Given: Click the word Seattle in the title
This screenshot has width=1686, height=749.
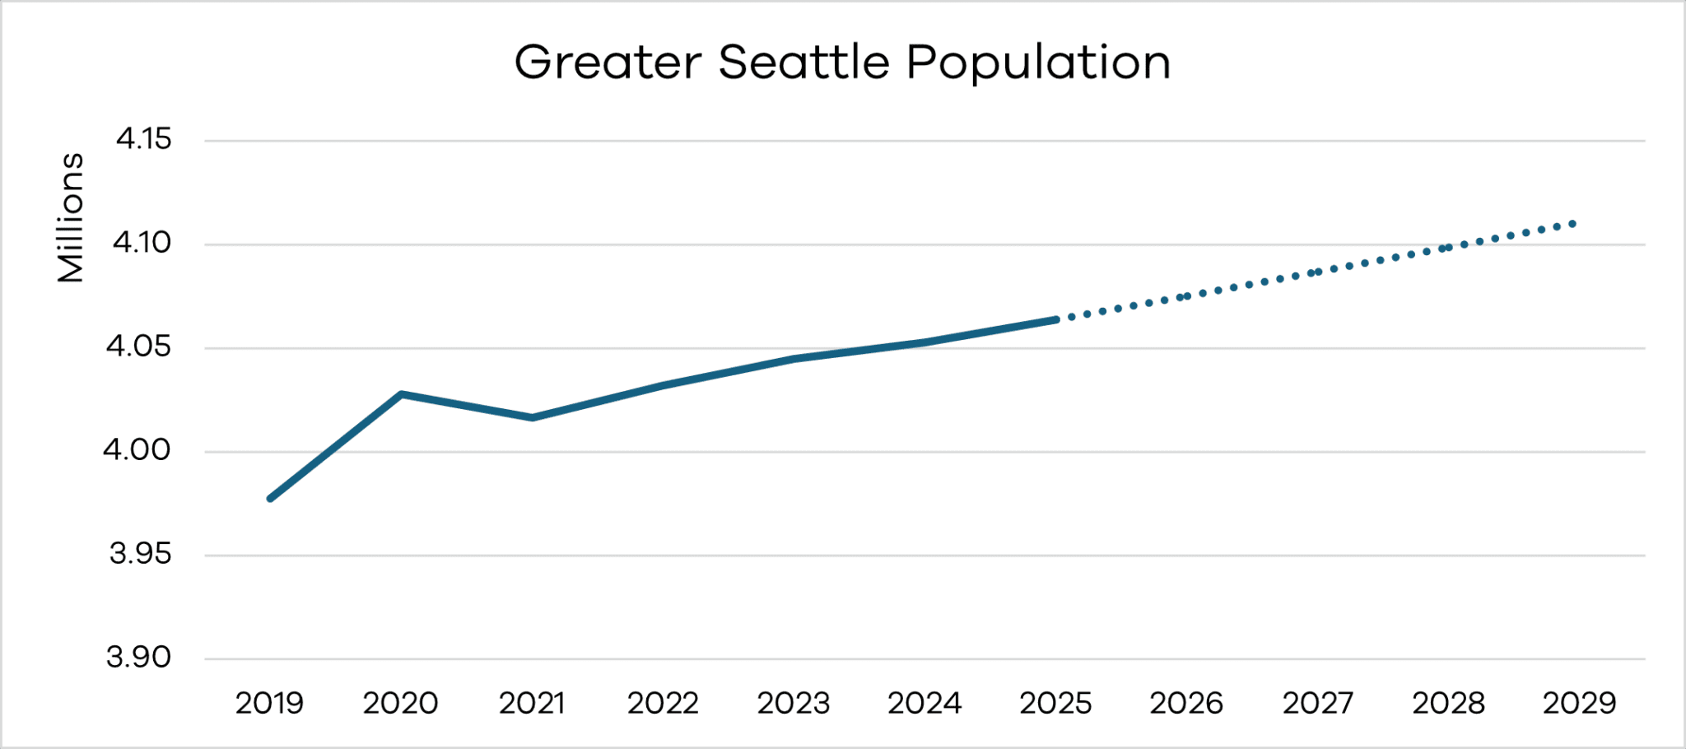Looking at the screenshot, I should tap(803, 63).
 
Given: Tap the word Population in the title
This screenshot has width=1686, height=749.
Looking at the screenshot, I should tap(1038, 64).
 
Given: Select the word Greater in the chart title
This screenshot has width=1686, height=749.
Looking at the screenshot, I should tap(608, 63).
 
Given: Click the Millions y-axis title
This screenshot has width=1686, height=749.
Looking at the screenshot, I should tap(71, 217).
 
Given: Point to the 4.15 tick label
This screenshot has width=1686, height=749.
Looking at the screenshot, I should tap(143, 138).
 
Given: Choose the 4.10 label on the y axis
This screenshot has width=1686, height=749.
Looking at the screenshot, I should tap(142, 242).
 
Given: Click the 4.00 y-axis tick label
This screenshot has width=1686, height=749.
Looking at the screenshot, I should tap(137, 449).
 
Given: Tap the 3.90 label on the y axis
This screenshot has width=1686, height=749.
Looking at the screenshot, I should tap(138, 657).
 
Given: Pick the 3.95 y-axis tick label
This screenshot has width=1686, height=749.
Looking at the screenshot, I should tap(140, 553).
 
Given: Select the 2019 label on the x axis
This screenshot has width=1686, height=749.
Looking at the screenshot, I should tap(269, 703).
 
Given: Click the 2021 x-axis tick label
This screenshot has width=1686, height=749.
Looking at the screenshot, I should tap(532, 703).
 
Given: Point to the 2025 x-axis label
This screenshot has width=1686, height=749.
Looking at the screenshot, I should tap(1055, 703).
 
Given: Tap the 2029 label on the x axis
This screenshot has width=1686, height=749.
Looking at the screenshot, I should tap(1579, 703).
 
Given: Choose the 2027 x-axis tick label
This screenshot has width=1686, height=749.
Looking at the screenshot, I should tap(1317, 703).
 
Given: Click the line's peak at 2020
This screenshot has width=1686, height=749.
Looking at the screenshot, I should tap(401, 394).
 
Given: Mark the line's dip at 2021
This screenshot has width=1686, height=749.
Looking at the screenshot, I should tap(533, 417).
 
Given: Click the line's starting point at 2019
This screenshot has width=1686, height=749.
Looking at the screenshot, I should tap(270, 498).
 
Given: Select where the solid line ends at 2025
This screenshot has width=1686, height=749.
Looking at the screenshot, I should tap(1055, 319).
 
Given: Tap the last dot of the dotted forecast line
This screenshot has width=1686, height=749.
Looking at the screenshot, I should tap(1572, 224).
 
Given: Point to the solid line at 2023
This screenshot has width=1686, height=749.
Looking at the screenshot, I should tap(794, 359).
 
